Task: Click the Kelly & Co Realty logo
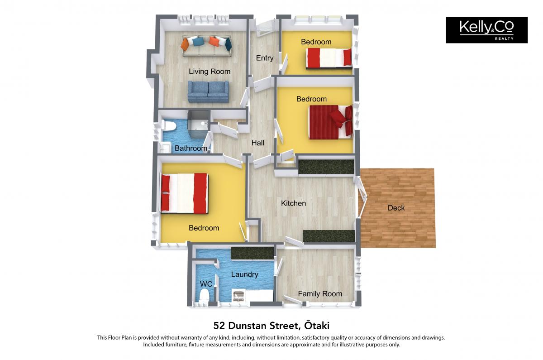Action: click(x=486, y=30)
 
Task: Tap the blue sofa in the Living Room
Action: click(x=208, y=91)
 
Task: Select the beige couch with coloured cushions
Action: click(x=206, y=46)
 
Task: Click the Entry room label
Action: click(x=265, y=58)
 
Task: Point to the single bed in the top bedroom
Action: click(x=329, y=58)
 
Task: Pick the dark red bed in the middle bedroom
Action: click(x=330, y=122)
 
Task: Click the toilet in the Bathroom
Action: click(x=167, y=125)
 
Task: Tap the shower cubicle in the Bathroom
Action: click(x=199, y=124)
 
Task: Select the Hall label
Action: click(x=257, y=143)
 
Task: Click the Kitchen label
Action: click(x=293, y=203)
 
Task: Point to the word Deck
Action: click(x=396, y=208)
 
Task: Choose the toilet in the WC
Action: click(x=204, y=295)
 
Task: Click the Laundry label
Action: click(x=244, y=274)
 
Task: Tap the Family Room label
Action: click(x=320, y=294)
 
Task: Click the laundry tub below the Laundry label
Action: click(x=239, y=295)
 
